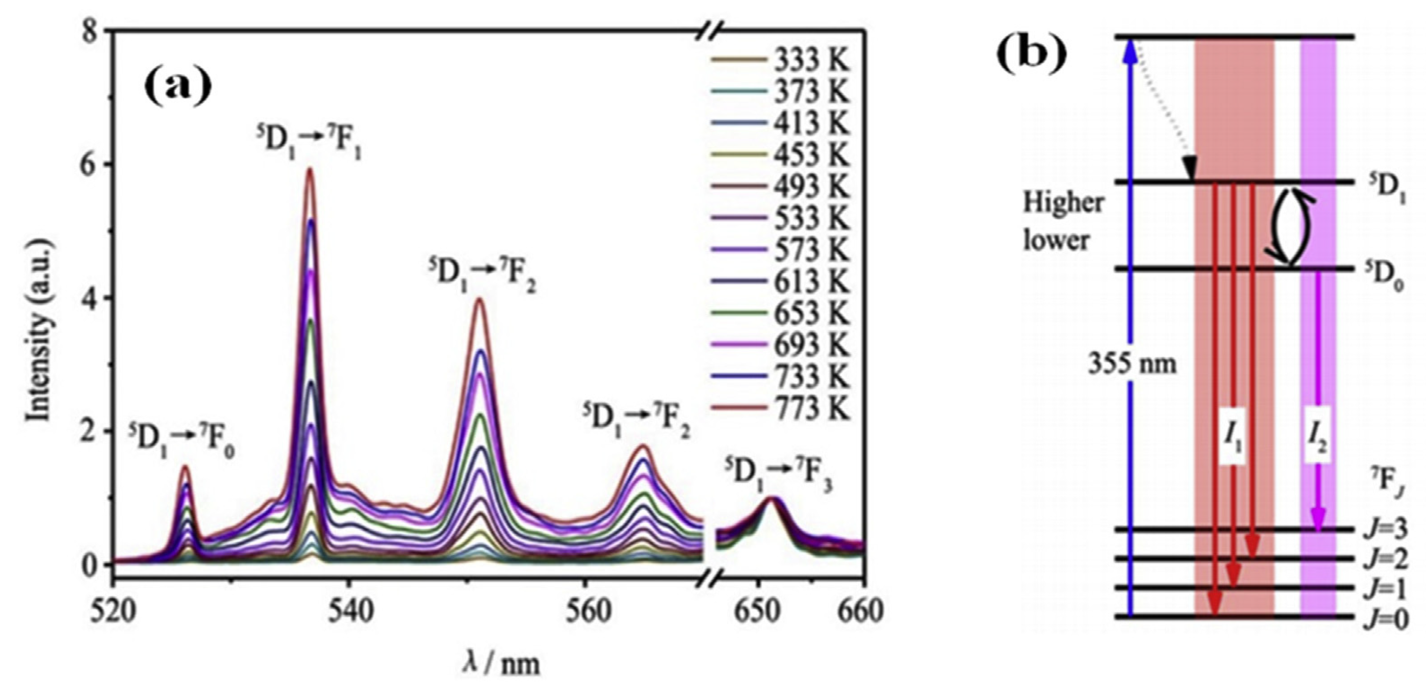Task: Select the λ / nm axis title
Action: (x=501, y=663)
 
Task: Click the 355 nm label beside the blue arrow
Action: (x=1132, y=364)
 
